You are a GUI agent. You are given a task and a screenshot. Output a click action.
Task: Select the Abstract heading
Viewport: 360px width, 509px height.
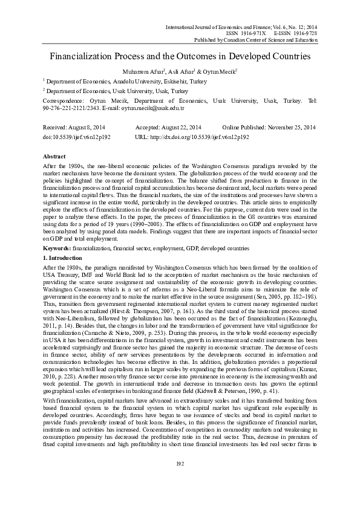click(54, 155)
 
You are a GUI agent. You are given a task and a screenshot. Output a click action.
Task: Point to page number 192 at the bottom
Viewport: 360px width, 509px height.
click(180, 480)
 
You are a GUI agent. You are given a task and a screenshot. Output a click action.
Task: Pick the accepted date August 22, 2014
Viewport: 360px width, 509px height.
click(178, 128)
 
